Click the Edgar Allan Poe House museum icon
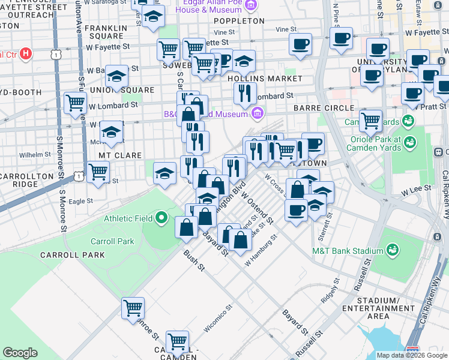[251, 5]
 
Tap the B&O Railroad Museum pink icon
[257, 113]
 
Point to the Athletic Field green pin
[161, 218]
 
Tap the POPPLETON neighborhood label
[239, 20]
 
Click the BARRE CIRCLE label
[324, 107]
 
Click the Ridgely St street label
[330, 289]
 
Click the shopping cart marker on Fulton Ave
[76, 103]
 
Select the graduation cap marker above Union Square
[116, 75]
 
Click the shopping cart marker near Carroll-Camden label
[178, 341]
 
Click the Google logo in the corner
[20, 353]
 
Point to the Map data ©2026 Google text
[411, 355]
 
